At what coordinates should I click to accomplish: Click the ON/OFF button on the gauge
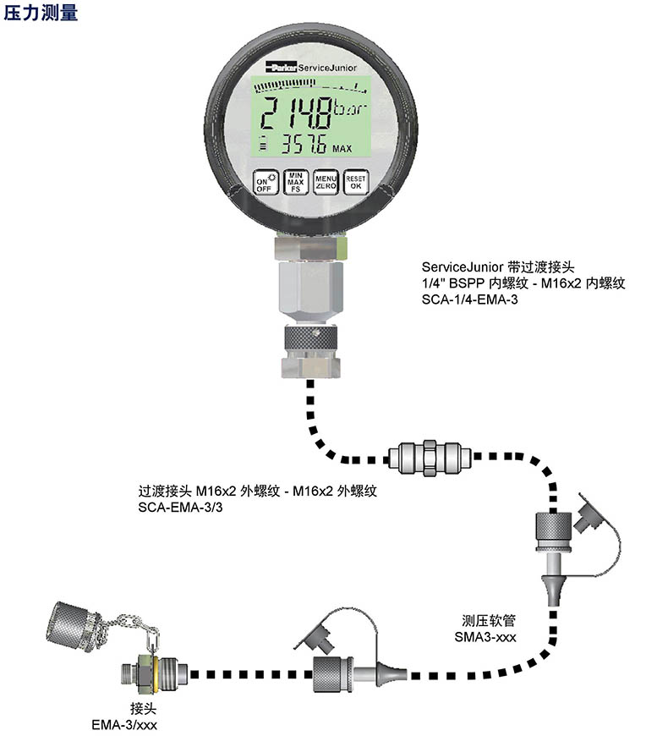click(x=266, y=182)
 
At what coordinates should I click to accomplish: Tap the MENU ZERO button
click(x=326, y=182)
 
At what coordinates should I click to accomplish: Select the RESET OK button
click(x=356, y=182)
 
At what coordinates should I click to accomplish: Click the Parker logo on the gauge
click(x=281, y=67)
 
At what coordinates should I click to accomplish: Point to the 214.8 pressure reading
click(x=296, y=113)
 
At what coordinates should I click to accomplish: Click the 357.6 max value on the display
click(x=304, y=145)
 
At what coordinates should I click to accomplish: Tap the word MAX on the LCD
click(x=342, y=149)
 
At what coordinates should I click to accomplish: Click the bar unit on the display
click(x=349, y=109)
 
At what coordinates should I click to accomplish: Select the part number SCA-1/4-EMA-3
click(x=469, y=299)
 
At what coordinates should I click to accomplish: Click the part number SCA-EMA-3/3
click(x=180, y=508)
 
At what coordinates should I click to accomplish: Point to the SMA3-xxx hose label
click(x=485, y=637)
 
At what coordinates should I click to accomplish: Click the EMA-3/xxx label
click(x=124, y=725)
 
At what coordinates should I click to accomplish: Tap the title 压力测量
click(x=41, y=12)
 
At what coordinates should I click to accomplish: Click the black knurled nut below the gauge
click(x=310, y=337)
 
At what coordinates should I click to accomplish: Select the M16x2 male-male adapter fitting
click(x=430, y=457)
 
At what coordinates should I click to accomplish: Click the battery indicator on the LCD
click(x=264, y=144)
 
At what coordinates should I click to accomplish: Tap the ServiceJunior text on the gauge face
click(x=327, y=68)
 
